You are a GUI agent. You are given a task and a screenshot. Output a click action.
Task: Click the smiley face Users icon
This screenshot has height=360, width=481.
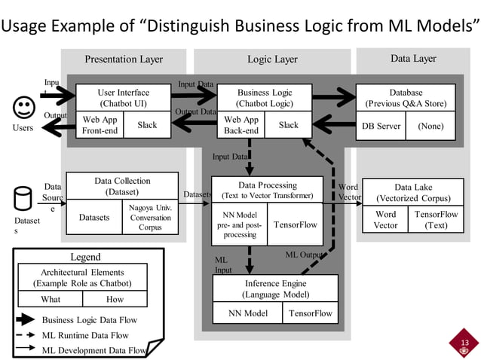tap(23, 106)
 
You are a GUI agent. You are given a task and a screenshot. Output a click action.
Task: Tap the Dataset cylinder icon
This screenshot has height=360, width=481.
tap(23, 198)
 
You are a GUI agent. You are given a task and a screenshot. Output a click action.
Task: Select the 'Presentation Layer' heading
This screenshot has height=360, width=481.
tap(124, 59)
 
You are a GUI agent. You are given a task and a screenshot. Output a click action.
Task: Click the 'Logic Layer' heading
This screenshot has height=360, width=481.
tap(272, 59)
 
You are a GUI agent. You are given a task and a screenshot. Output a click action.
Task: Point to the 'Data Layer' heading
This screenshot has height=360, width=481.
tap(412, 59)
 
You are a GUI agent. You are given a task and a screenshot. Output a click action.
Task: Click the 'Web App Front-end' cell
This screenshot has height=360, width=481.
tap(100, 125)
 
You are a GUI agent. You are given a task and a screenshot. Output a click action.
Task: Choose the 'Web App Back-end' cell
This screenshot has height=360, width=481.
tap(241, 125)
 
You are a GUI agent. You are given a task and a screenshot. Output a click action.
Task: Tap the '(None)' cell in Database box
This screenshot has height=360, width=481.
tap(430, 126)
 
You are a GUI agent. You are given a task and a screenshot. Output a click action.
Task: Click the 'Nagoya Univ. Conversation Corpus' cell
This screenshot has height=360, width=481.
tap(150, 218)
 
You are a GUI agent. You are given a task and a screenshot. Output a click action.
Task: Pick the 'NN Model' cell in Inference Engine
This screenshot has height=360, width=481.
tap(247, 313)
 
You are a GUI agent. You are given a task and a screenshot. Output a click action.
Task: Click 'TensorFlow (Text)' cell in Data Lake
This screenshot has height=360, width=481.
tap(436, 219)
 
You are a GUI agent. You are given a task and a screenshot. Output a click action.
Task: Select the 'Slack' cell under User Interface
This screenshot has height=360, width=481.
tap(147, 125)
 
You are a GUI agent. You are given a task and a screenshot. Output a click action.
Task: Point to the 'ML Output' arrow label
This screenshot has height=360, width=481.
tap(305, 255)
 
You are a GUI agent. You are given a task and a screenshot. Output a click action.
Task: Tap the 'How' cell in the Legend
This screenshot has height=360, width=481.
tap(115, 299)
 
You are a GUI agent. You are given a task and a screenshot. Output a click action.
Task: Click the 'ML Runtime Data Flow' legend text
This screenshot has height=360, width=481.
tap(85, 335)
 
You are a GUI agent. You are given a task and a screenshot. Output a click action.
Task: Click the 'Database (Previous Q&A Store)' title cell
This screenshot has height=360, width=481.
tap(406, 97)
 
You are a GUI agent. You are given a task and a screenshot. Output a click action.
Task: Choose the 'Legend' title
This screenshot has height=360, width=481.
tap(84, 257)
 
